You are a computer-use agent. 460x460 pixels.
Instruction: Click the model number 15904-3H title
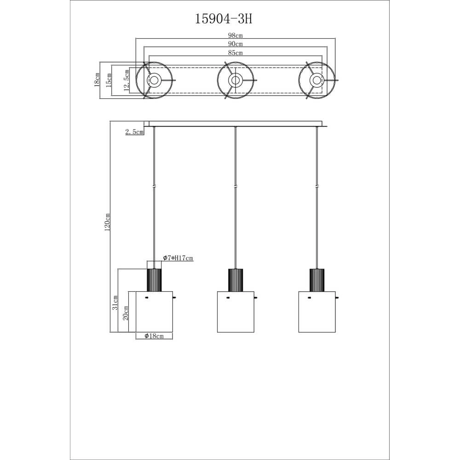(x=224, y=19)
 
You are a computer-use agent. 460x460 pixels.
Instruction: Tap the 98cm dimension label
(x=236, y=35)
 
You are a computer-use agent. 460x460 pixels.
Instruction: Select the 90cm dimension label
(x=236, y=44)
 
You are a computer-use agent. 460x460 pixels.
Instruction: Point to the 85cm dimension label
(x=236, y=53)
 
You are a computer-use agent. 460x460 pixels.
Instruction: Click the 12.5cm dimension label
(x=127, y=80)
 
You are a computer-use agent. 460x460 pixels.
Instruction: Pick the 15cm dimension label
(x=109, y=80)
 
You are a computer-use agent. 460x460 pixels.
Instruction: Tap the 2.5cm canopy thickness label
(x=134, y=132)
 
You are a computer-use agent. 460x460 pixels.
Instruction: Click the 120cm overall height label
(x=107, y=222)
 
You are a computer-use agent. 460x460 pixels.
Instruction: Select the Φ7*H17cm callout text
(x=178, y=258)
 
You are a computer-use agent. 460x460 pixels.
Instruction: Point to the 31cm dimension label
(x=115, y=303)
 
